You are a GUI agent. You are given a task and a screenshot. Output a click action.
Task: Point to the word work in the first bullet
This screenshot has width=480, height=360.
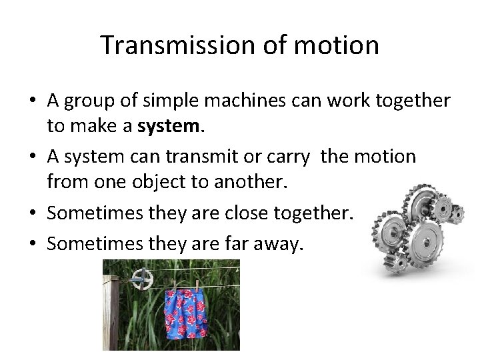coord(362,102)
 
